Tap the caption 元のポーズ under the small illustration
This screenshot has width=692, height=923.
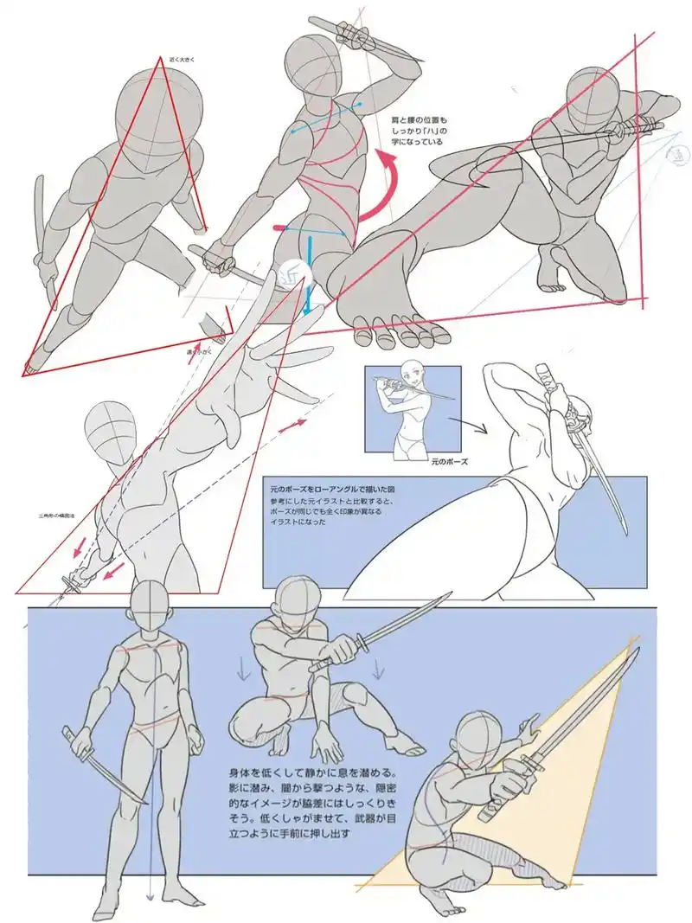point(449,462)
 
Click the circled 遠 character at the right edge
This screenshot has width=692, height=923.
point(680,155)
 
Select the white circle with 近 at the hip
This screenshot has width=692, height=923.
point(292,272)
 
